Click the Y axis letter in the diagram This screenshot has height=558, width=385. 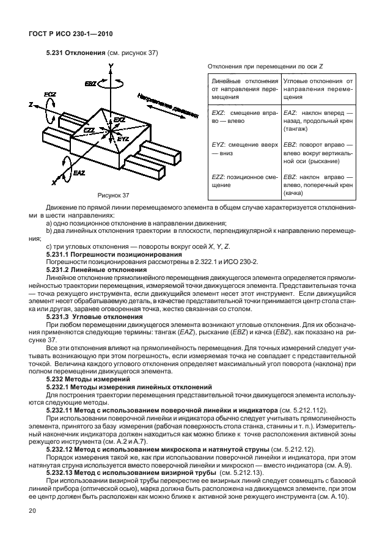click(110, 65)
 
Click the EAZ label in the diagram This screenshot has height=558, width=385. click(78, 174)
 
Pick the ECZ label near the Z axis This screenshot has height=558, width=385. click(50, 94)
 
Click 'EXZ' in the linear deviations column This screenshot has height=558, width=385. click(218, 113)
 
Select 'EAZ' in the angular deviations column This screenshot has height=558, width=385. click(290, 113)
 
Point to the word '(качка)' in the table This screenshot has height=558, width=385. click(294, 193)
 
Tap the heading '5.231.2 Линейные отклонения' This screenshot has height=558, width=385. click(97, 269)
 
